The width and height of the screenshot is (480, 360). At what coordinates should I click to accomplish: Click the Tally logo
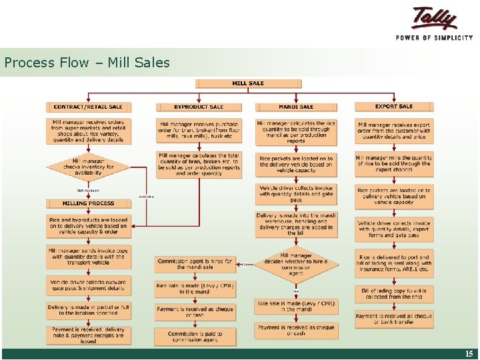434,19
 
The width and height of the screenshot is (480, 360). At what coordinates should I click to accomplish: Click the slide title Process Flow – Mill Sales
87,63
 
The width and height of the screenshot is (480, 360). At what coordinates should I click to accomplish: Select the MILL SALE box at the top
248,83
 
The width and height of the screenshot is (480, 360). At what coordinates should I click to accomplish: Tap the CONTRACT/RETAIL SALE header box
88,107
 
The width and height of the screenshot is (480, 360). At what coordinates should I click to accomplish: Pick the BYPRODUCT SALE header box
198,107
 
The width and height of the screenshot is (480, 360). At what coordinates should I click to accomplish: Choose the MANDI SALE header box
296,107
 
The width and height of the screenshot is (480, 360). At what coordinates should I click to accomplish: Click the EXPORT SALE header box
393,106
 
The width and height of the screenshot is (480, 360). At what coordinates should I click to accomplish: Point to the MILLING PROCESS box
88,203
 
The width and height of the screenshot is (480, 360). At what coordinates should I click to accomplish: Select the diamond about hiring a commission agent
296,264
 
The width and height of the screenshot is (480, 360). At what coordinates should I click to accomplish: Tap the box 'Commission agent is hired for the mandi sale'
195,264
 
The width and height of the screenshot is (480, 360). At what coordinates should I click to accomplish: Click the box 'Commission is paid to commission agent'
195,337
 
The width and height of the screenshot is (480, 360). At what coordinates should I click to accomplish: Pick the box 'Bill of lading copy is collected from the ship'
393,294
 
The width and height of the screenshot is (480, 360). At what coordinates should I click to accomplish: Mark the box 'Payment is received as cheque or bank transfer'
393,319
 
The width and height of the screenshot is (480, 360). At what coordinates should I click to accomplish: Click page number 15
469,354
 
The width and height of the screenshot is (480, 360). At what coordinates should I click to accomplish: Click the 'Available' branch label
146,196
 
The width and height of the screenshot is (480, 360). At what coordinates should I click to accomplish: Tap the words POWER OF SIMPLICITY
434,37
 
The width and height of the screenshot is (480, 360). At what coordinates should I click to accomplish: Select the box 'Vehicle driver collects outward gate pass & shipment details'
88,285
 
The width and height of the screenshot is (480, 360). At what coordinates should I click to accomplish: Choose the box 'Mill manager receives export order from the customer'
393,131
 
